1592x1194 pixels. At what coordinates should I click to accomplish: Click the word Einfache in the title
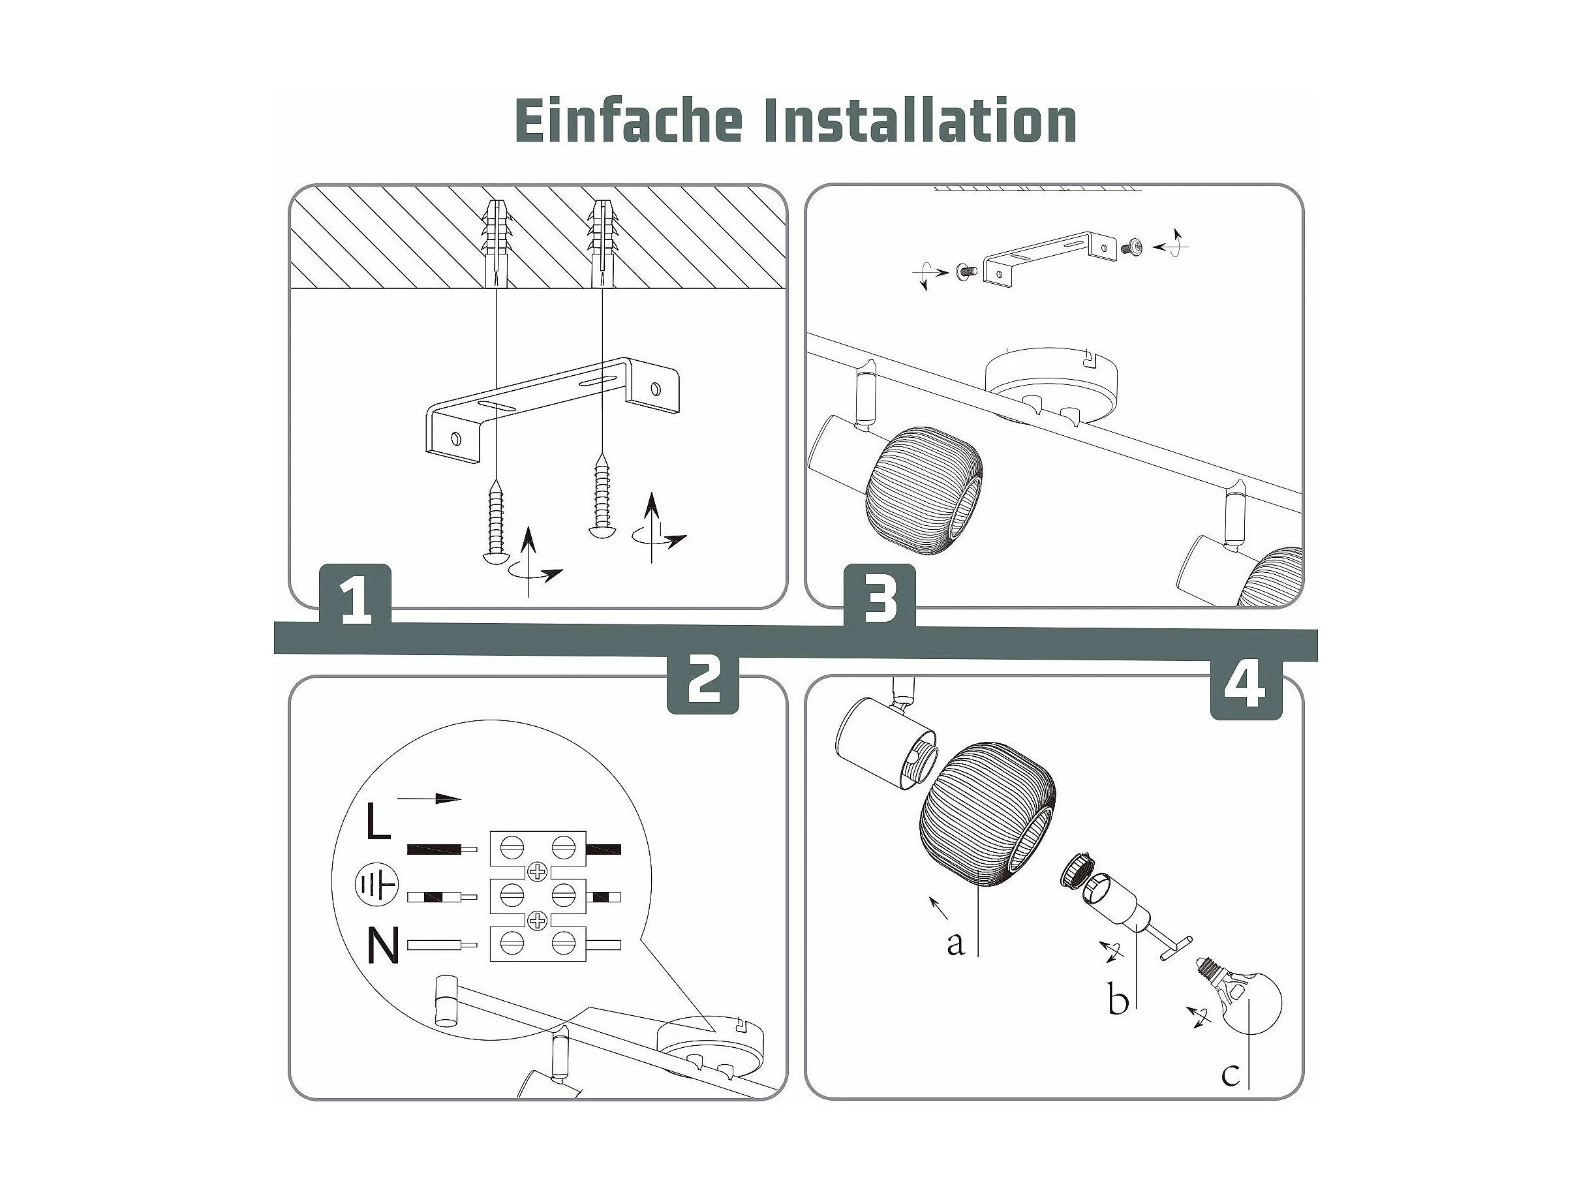pos(628,120)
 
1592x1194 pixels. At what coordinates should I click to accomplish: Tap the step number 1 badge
pos(356,595)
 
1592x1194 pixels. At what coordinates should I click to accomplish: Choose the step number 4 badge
pos(1246,687)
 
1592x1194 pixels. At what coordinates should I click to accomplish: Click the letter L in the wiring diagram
pos(378,821)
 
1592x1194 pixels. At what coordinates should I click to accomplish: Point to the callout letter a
pos(955,943)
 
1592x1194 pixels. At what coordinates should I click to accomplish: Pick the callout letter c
pos(1230,1095)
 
